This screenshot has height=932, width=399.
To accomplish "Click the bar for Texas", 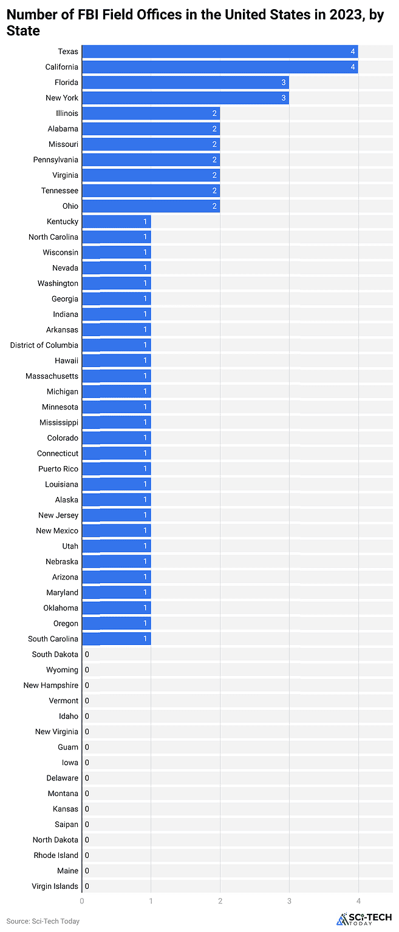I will tap(220, 52).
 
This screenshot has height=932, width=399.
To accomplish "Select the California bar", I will tap(220, 67).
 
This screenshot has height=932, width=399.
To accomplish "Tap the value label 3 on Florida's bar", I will tap(283, 83).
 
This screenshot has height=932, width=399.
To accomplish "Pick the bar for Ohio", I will tap(151, 206).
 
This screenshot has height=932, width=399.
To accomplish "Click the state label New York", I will tap(62, 98).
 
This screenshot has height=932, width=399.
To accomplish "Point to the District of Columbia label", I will tap(44, 345).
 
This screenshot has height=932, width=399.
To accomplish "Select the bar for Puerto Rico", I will tap(116, 469).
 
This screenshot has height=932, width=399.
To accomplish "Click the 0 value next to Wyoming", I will tap(87, 670).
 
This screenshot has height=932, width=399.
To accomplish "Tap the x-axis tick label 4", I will tap(358, 902).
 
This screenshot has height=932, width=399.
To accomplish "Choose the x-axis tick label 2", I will tap(220, 902).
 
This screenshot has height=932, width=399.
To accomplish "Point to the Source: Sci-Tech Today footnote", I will tap(43, 921).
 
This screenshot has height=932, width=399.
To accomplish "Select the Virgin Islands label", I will tap(55, 886).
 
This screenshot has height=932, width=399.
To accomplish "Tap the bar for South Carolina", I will tap(116, 639).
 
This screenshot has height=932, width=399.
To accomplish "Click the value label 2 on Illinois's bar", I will tap(214, 113).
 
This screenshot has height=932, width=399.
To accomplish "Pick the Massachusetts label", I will tap(52, 376).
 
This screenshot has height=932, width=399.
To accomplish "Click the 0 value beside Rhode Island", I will tap(87, 856).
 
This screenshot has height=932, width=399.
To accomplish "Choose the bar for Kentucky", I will tap(116, 221).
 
